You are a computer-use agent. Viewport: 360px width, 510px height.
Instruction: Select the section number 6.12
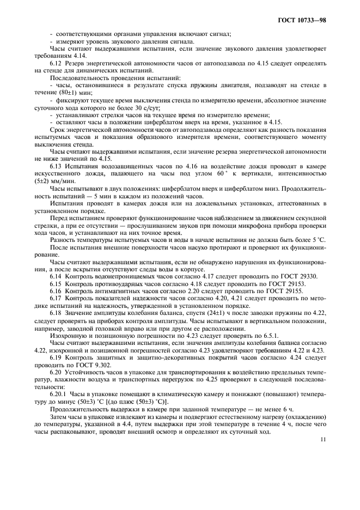click(x=57, y=64)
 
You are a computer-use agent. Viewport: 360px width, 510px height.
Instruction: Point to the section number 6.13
click(x=57, y=165)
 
